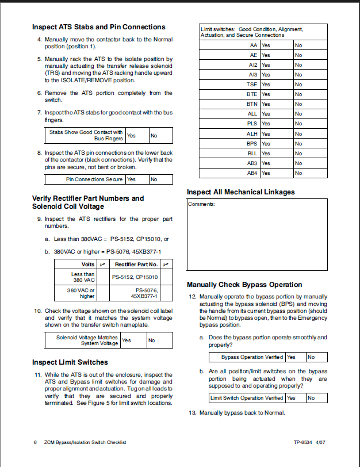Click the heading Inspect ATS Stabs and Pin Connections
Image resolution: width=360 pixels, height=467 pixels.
click(98, 27)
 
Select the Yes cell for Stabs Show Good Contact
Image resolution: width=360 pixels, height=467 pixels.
click(137, 136)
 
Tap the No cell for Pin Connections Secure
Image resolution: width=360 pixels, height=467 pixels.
click(160, 179)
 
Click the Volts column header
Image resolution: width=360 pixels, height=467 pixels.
click(88, 264)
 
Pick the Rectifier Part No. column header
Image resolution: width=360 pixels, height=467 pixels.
click(136, 264)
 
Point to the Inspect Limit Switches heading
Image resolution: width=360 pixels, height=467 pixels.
click(70, 362)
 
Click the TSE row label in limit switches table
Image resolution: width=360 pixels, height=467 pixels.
click(252, 85)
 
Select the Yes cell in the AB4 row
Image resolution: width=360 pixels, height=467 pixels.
click(276, 173)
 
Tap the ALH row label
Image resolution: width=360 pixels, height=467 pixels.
click(252, 133)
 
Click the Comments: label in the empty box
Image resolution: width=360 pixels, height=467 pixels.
click(201, 205)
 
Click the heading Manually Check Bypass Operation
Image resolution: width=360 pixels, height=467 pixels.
click(244, 285)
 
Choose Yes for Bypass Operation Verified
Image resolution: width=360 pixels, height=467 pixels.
click(296, 357)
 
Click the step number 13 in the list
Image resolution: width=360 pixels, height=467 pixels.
click(193, 413)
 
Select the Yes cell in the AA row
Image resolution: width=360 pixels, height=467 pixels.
click(276, 45)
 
